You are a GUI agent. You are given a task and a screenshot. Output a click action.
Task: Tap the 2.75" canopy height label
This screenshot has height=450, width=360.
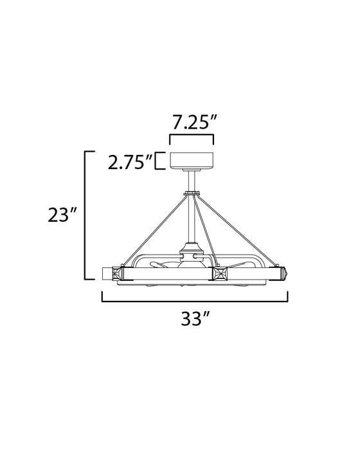tap(129, 161)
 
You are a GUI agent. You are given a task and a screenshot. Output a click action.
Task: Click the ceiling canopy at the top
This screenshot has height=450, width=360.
tap(191, 161)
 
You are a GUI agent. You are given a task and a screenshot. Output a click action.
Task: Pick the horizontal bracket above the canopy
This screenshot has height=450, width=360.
tap(191, 137)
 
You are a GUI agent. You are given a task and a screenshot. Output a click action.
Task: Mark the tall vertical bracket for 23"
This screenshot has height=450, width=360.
tap(87, 215)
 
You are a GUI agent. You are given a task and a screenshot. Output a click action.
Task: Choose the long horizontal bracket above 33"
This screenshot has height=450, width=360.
tap(194, 297)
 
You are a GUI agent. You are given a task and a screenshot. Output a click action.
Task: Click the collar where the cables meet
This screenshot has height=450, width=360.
tap(192, 194)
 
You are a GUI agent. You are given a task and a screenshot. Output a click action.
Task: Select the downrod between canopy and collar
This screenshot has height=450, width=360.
tap(192, 180)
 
